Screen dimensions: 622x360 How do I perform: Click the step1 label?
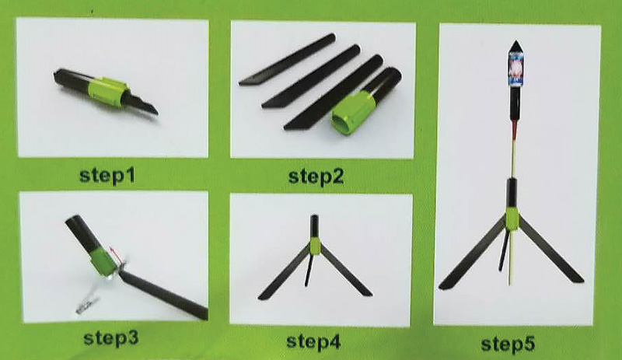tap(107, 176)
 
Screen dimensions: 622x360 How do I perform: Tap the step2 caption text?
tap(316, 177)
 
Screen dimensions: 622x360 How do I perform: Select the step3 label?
tap(110, 337)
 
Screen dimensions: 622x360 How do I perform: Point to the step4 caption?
tap(313, 341)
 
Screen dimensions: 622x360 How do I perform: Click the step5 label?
tap(508, 344)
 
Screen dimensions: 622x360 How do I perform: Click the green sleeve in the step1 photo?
tap(107, 93)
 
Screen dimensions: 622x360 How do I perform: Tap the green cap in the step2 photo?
tap(351, 113)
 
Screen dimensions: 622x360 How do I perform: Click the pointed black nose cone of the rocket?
tap(516, 47)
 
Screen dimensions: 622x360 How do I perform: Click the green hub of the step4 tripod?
tap(315, 246)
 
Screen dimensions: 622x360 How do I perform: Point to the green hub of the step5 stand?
tap(512, 222)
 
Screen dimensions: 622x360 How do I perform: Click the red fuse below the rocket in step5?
tap(515, 131)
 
